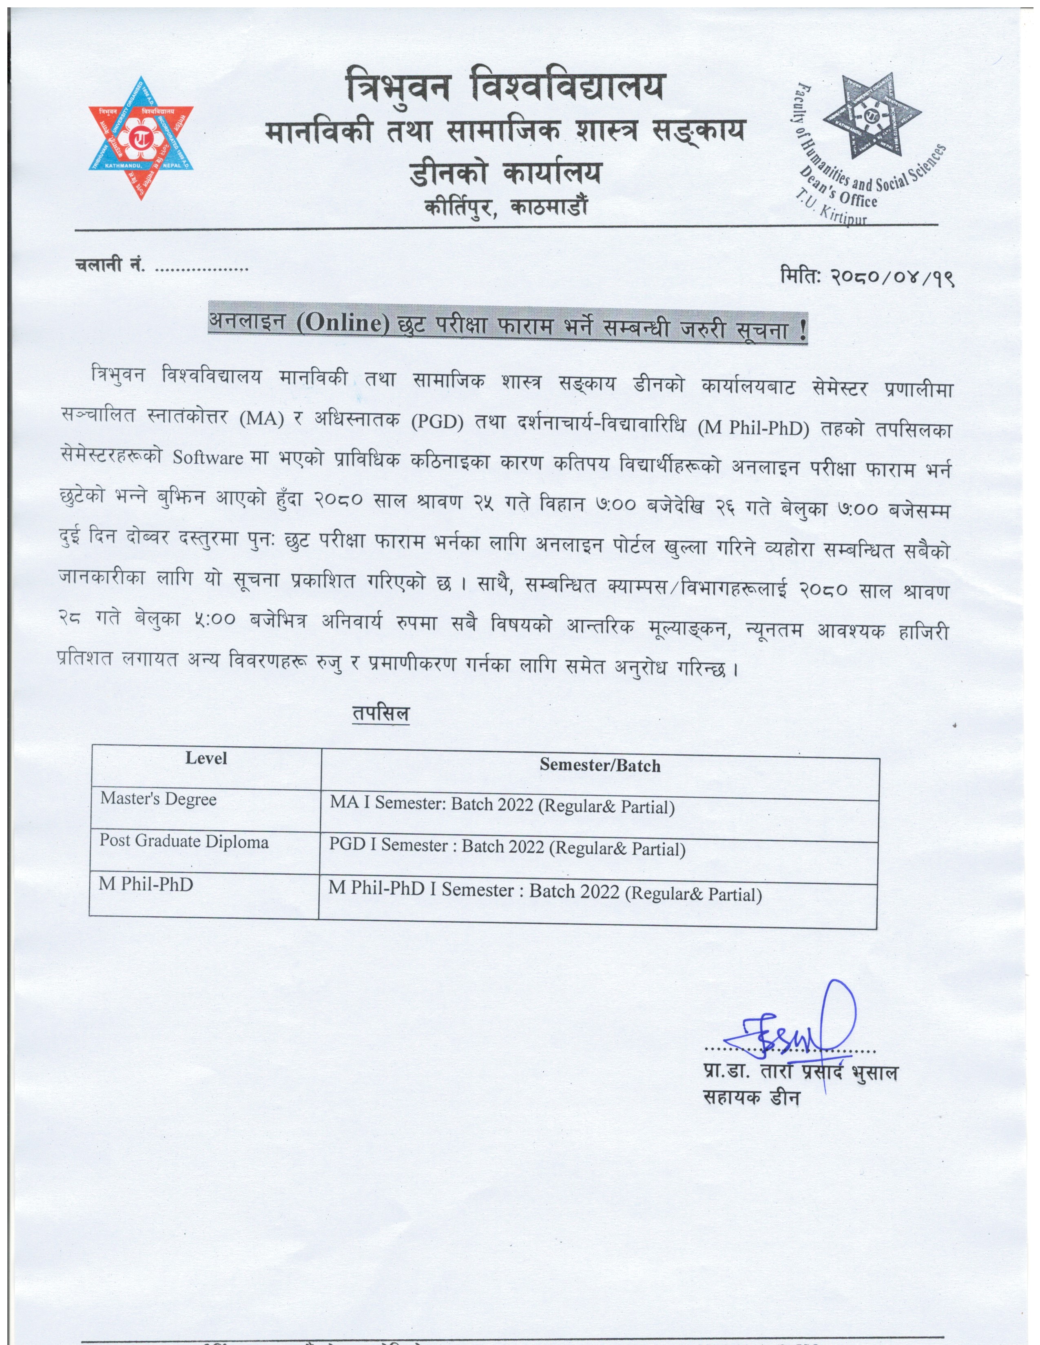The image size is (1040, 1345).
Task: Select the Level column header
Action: click(206, 758)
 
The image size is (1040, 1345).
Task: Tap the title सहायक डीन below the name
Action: click(751, 1098)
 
